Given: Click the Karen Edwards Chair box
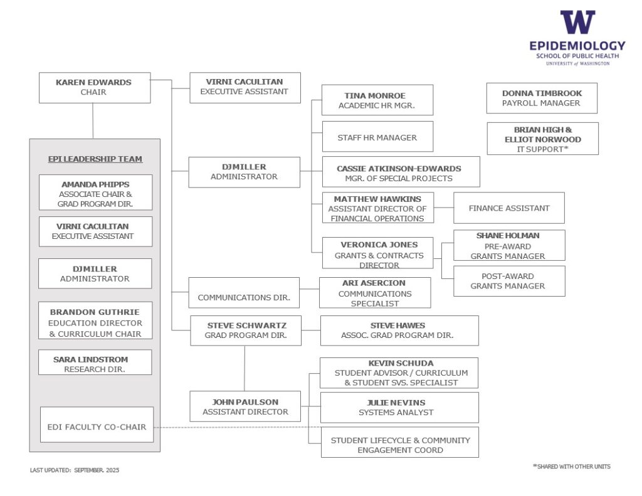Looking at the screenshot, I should (x=94, y=88).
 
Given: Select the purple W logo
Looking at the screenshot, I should (x=577, y=23).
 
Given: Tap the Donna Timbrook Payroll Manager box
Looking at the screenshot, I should (x=542, y=98).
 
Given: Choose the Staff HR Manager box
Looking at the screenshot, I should (x=377, y=137).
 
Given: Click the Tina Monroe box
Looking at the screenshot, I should (x=377, y=100).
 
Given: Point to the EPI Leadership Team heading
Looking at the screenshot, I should (x=95, y=159).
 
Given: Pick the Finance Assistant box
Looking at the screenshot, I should (x=509, y=208).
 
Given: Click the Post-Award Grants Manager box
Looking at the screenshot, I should (x=508, y=281).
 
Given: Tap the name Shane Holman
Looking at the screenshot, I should (x=508, y=236).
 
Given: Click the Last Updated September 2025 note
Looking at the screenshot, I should (x=75, y=470).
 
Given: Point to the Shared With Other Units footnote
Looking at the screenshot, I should (x=571, y=467).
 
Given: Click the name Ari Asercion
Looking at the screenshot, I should (x=374, y=283).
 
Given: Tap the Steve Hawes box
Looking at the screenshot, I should (x=399, y=330).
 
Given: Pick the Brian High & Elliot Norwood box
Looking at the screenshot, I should (x=543, y=139).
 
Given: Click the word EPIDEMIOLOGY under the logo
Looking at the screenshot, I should (x=577, y=46).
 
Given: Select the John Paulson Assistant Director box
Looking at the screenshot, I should (x=245, y=406).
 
